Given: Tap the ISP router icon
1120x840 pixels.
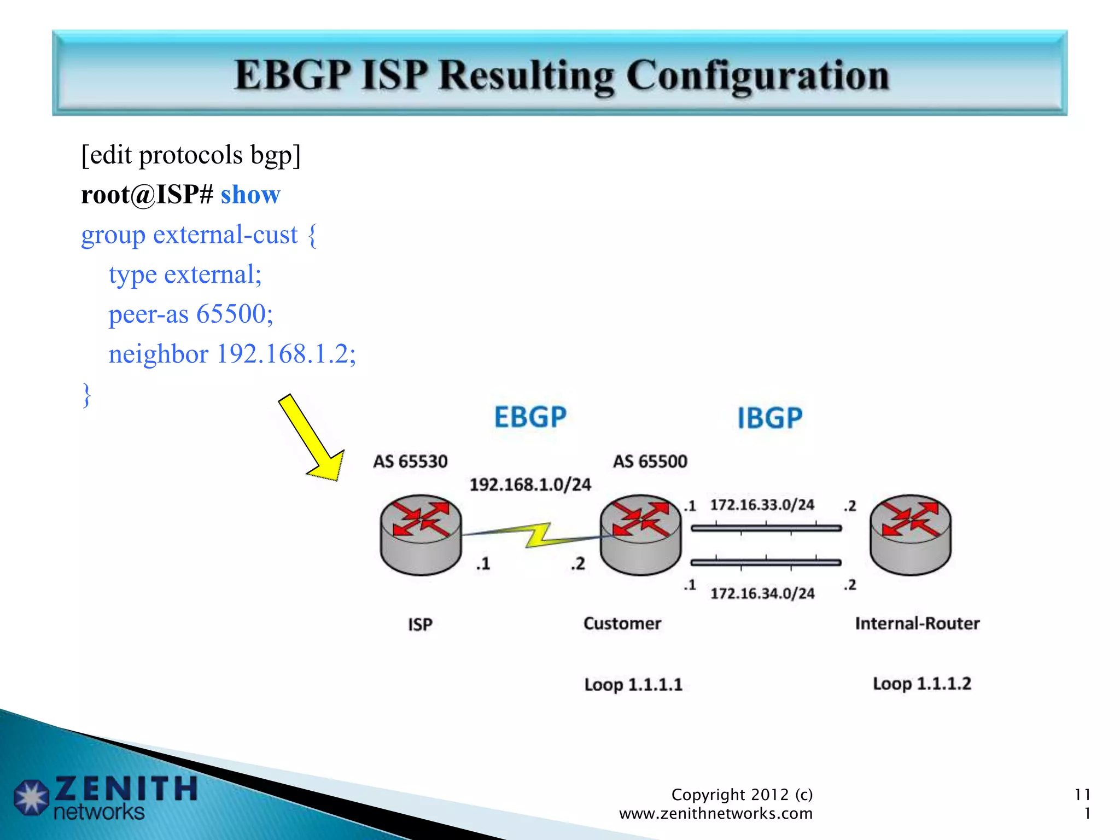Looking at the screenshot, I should click(x=421, y=534).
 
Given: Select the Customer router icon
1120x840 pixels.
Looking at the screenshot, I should click(x=640, y=534).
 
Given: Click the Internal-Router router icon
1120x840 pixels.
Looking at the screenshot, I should click(x=910, y=534).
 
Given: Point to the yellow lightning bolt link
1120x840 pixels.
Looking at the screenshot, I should click(x=539, y=535).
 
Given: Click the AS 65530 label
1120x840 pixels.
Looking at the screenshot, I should click(x=410, y=462).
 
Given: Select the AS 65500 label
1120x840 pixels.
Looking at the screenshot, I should click(x=650, y=462).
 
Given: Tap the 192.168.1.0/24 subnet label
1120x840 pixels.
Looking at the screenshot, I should click(x=530, y=485).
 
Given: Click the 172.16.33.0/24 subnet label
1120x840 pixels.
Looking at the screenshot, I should click(x=762, y=505).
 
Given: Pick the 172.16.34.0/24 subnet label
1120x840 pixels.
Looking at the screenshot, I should click(x=762, y=593).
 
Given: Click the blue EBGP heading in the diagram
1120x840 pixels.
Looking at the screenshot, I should click(x=530, y=417).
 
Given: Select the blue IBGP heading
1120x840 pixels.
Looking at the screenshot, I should click(x=769, y=418).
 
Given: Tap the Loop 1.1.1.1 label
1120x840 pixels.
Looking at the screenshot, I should click(x=633, y=685).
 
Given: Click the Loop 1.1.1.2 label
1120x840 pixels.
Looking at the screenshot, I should click(x=921, y=684).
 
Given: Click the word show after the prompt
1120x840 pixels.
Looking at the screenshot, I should click(x=250, y=195).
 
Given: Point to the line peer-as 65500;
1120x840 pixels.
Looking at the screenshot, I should click(x=191, y=314).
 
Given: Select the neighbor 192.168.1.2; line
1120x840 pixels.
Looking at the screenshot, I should click(x=232, y=354).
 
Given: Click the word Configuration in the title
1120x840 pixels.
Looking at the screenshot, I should click(x=757, y=75).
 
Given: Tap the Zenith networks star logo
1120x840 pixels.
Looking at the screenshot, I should click(x=32, y=797).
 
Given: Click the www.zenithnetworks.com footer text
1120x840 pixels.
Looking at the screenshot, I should click(x=715, y=814).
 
